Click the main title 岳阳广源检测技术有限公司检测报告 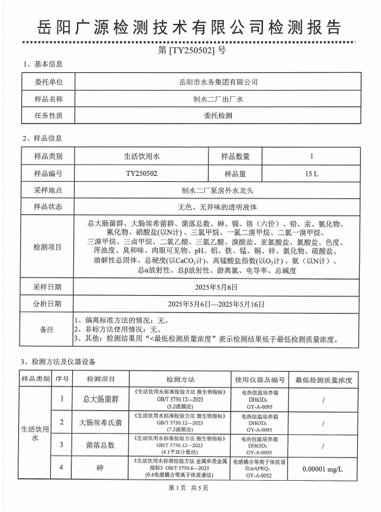pyautogui.click(x=190, y=28)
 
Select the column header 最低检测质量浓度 pyautogui.click(x=324, y=379)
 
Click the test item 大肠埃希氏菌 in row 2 pyautogui.click(x=100, y=423)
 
